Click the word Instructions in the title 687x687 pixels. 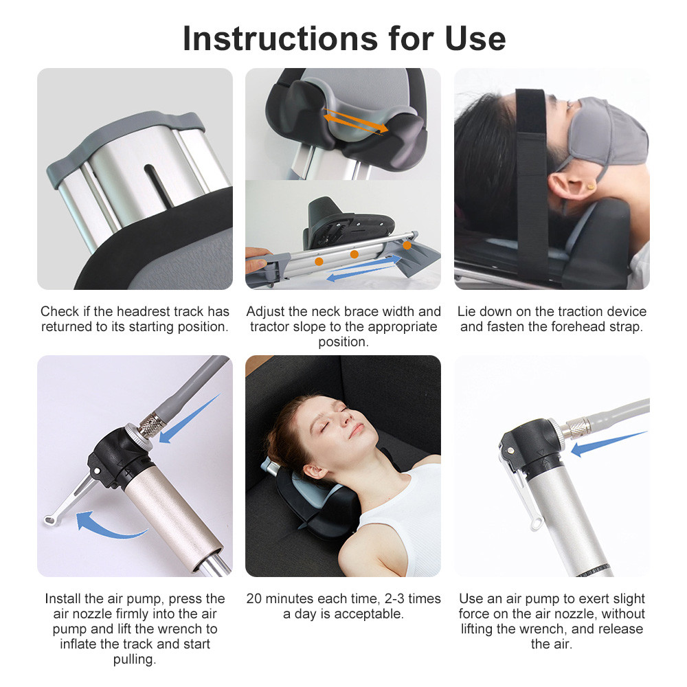pos(280,38)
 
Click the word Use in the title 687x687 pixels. pos(475,38)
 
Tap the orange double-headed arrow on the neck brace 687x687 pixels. pos(356,120)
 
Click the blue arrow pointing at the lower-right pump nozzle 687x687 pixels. pos(609,444)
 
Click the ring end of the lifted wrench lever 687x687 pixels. pos(49,520)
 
